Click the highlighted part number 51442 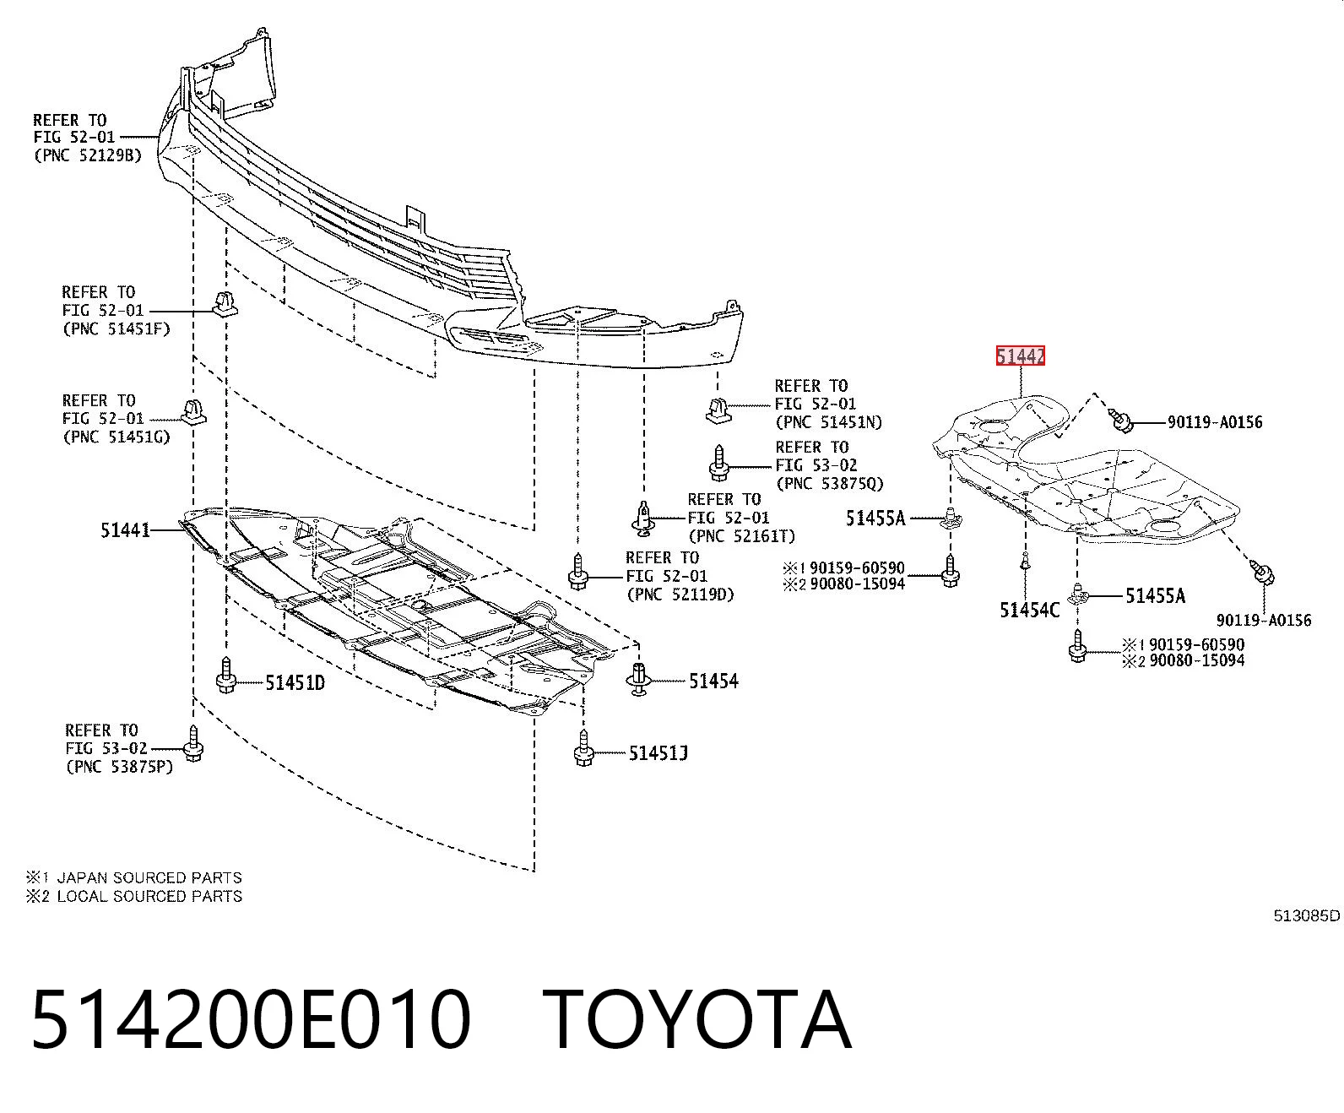click(x=1020, y=356)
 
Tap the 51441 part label click(x=125, y=530)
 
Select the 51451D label click(x=295, y=682)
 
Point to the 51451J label click(x=658, y=753)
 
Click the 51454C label click(x=1029, y=610)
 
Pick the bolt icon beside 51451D click(x=226, y=675)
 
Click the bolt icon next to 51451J click(x=583, y=748)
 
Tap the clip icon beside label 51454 click(x=638, y=679)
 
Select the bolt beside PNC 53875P click(x=193, y=744)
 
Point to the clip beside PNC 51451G click(x=193, y=412)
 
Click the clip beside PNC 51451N click(x=719, y=410)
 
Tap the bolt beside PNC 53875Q click(x=719, y=463)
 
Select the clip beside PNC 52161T click(x=644, y=518)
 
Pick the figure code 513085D click(x=1307, y=915)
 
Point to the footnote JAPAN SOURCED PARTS click(x=149, y=877)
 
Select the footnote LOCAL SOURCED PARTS click(x=149, y=896)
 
